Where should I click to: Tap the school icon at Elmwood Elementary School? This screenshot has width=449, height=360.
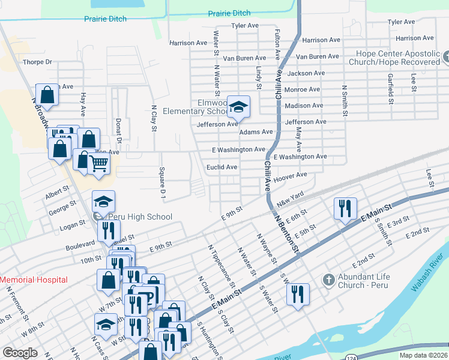239,107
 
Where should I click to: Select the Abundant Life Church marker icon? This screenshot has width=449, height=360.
328,280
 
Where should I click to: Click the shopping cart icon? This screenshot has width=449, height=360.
100,163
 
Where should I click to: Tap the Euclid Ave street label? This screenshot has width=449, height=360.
222,167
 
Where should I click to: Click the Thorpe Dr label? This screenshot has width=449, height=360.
37,62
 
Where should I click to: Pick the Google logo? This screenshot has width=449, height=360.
20,353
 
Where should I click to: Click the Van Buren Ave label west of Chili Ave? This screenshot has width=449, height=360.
244,58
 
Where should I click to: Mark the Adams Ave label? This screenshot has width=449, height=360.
256,132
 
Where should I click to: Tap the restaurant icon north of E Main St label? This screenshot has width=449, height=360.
345,208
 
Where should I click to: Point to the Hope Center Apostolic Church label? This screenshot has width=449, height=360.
398,58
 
